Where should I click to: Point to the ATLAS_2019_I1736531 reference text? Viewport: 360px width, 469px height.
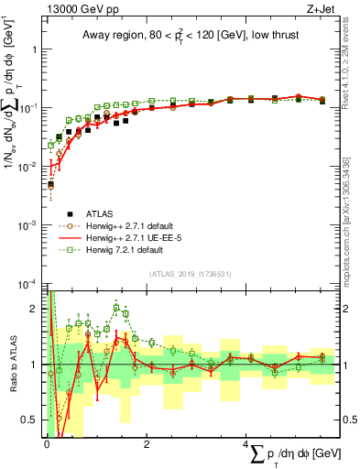pyautogui.click(x=190, y=273)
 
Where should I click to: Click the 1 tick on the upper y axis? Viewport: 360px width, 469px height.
pyautogui.click(x=34, y=49)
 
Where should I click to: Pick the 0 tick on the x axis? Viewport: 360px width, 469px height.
pyautogui.click(x=46, y=446)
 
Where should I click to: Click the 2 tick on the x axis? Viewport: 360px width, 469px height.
pyautogui.click(x=147, y=446)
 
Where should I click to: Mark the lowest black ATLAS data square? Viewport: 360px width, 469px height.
pyautogui.click(x=50, y=183)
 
